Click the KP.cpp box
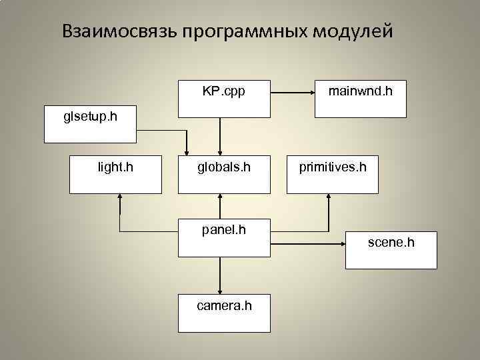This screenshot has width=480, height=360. pos(223,99)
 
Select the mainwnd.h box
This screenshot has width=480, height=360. pos(360,99)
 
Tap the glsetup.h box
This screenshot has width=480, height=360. pos(90,124)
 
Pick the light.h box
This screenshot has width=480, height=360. pos(115,175)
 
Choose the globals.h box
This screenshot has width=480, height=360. pos(223,175)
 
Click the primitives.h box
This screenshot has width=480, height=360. pos(332,175)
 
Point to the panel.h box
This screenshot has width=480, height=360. pos(223,237)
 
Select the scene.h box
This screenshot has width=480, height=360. pos(391,250)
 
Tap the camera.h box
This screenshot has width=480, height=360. pos(223,313)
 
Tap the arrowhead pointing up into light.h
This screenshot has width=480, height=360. pos(119,197)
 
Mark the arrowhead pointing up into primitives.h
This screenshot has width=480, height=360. pos(329,197)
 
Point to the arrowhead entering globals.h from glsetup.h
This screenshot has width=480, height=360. pos(187,150)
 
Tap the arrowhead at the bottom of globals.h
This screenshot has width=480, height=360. pos(221,197)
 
